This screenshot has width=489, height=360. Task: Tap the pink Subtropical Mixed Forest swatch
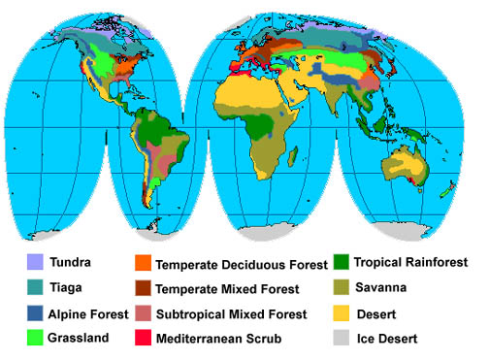click(x=141, y=313)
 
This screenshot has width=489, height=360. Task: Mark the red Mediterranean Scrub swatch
click(x=141, y=339)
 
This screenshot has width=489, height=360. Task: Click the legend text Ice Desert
click(x=388, y=339)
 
